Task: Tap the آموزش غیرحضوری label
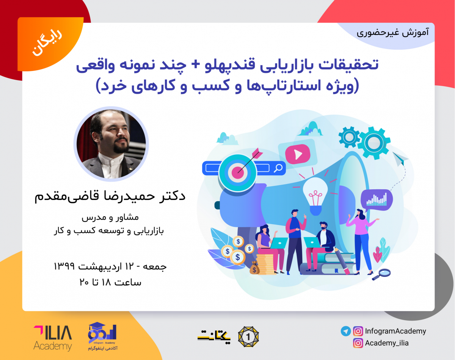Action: pos(392,32)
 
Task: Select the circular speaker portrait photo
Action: pos(111,143)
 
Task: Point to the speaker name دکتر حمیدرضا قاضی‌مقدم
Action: pos(110,196)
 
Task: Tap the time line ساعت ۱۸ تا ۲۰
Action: pos(110,282)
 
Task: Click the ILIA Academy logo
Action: pos(52,338)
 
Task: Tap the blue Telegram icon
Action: pos(345,331)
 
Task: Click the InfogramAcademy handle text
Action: pos(395,331)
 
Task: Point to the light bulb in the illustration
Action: pos(314,192)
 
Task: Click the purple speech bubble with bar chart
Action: pos(377,199)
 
